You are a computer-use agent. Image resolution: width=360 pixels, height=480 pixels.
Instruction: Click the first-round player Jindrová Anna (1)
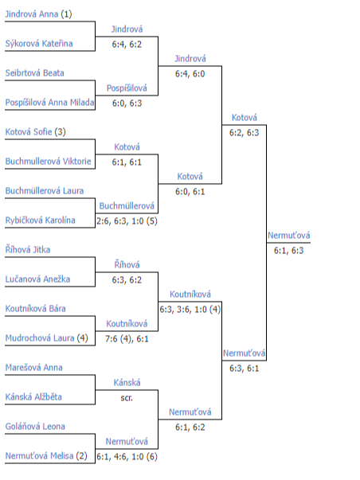coord(38,14)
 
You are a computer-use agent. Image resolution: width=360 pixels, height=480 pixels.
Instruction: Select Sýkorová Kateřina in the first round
coord(39,44)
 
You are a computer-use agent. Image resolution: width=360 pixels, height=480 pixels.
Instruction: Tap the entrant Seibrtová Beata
coord(34,73)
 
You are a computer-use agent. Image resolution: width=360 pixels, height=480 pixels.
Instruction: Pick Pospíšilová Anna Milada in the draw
coord(49,102)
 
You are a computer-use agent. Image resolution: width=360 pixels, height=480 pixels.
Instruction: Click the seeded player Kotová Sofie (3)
coord(36,132)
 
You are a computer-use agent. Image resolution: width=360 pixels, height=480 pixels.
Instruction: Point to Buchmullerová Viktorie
coord(48,161)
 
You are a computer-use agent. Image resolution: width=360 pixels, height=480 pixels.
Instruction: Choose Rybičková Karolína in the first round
coord(40,220)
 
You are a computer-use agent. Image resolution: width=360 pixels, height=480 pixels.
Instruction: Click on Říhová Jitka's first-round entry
coord(28,249)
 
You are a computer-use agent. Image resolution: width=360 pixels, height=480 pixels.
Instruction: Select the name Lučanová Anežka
coord(37,279)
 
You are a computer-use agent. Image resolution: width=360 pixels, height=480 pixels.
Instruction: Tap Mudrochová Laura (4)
coord(46,338)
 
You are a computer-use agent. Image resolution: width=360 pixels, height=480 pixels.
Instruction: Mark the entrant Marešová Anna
coord(33,367)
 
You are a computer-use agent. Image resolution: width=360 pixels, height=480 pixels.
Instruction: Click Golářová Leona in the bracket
coord(35,426)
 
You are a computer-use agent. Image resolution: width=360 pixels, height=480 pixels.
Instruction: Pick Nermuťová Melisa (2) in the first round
coord(46,456)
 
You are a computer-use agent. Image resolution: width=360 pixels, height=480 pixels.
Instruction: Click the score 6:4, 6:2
coord(127,45)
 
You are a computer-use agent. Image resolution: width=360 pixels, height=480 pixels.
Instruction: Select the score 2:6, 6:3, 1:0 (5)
coord(127,221)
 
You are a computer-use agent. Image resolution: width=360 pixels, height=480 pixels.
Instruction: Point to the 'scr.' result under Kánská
coord(127,398)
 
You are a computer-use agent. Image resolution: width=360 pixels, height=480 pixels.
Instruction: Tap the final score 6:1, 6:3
coord(288,251)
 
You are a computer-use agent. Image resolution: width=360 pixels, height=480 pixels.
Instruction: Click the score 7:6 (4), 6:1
coord(127,339)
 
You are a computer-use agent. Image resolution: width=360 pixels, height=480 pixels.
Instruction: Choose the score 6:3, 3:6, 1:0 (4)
coord(190,310)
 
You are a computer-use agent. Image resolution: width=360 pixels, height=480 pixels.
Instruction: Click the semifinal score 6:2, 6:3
coord(245,133)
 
